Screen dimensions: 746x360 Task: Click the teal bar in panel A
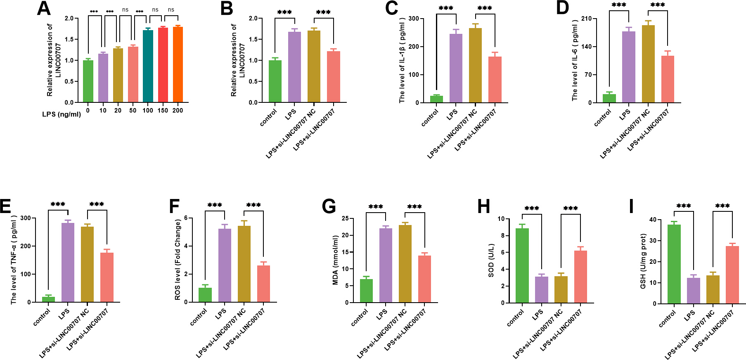pos(148,66)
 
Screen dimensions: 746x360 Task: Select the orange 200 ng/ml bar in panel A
pos(178,64)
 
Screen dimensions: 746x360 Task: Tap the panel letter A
pos(44,9)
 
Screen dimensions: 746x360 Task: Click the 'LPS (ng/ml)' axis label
pos(62,114)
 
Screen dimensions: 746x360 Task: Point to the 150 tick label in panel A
pos(163,110)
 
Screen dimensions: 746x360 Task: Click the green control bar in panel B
pos(275,81)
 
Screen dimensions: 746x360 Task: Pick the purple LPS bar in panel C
pos(456,68)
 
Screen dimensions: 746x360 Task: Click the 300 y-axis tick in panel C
pos(414,19)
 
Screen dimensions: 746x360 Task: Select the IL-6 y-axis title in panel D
pos(575,60)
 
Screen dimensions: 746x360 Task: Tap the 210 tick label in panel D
pos(586,19)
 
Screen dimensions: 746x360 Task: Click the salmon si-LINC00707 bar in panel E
pos(107,277)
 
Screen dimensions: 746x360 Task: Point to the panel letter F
pos(174,206)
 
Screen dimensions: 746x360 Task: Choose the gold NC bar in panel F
pos(244,264)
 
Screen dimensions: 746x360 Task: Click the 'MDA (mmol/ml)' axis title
pos(335,260)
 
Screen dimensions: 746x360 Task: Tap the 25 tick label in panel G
pos(345,218)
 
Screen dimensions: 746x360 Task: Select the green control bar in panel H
pos(522,265)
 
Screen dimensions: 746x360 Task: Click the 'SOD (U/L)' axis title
pos(491,261)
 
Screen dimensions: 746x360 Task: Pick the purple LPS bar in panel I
pos(694,291)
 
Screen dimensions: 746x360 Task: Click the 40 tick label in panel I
pos(653,220)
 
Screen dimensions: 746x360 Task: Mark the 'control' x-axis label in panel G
pos(360,317)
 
